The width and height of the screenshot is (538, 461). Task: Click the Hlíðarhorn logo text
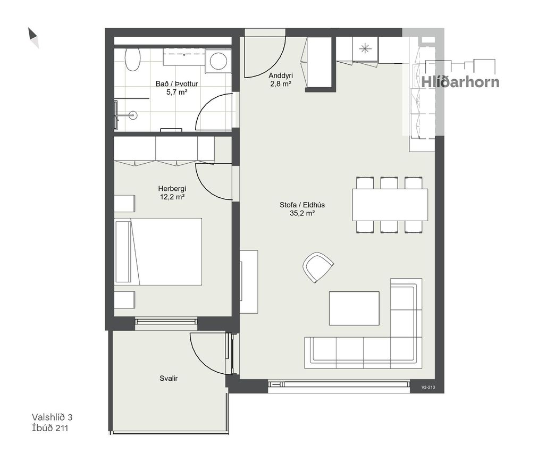pos(460,82)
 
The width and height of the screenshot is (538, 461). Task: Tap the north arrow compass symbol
pos(33,38)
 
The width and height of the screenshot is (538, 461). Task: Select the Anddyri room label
pos(281,76)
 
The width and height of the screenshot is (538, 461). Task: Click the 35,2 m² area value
pos(302,213)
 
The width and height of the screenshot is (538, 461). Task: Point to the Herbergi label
pos(172,188)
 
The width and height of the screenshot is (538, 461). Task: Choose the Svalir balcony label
pos(169,378)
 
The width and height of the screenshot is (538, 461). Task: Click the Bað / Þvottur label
pos(176,84)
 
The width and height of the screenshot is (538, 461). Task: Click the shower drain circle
pos(133,115)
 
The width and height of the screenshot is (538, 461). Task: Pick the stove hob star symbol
pos(365,49)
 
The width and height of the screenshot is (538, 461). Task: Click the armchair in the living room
pos(318,267)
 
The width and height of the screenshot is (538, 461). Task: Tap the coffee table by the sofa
pos(354,308)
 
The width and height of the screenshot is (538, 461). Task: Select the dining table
pos(390,205)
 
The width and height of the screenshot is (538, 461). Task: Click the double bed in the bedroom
pos(158,252)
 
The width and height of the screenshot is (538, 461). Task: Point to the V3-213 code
pos(428,387)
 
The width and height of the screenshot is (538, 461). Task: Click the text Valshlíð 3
pos(52,417)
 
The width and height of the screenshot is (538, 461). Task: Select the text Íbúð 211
pos(50,428)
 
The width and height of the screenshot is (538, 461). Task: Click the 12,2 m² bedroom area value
pos(172,197)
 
